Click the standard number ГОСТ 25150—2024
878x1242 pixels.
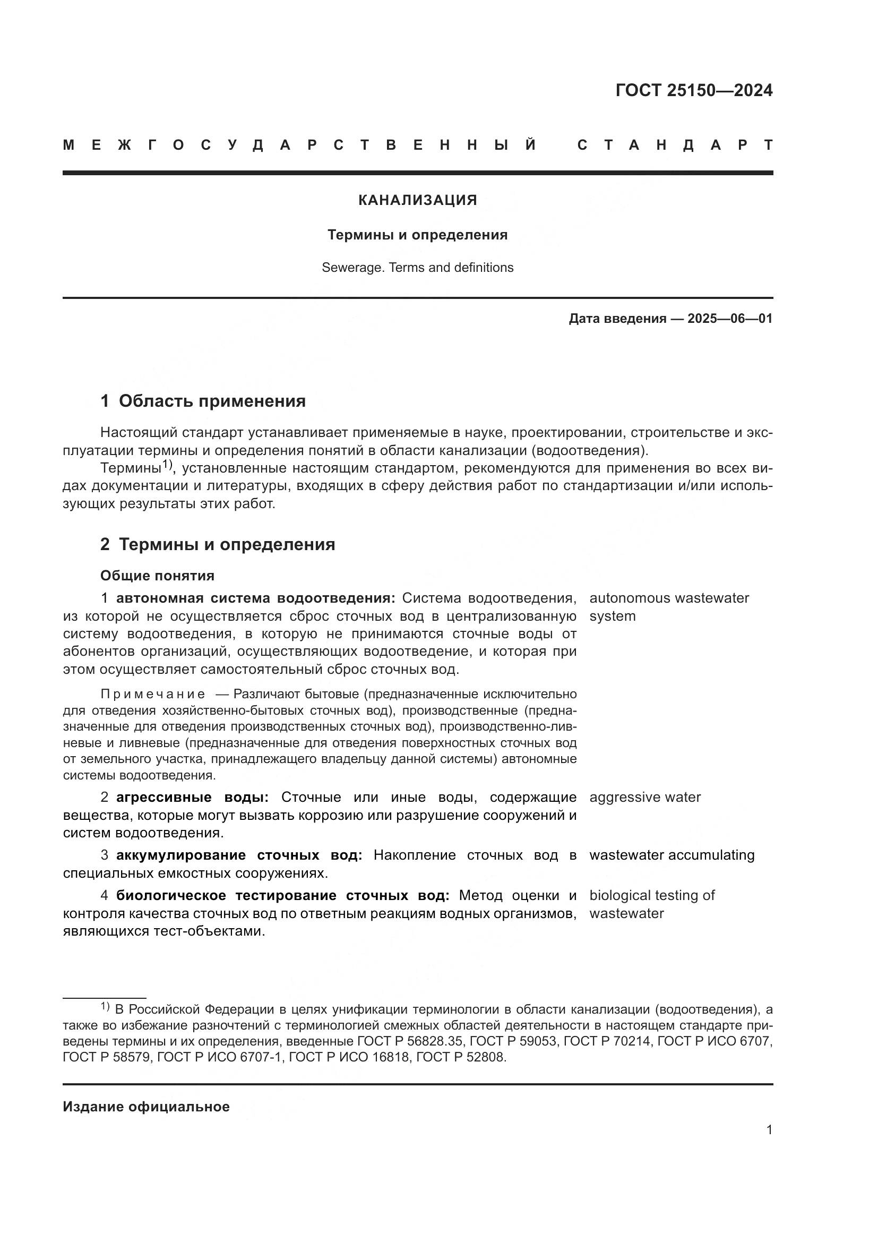pyautogui.click(x=694, y=90)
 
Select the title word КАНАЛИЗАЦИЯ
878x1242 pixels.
pyautogui.click(x=417, y=200)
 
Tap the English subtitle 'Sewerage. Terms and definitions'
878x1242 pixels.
pyautogui.click(x=417, y=268)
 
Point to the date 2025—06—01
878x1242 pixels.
pyautogui.click(x=730, y=319)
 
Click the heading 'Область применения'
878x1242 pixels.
pyautogui.click(x=212, y=401)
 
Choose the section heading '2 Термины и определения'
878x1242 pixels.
pyautogui.click(x=217, y=544)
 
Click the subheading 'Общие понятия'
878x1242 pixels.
pyautogui.click(x=157, y=576)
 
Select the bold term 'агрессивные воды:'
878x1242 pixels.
pyautogui.click(x=193, y=798)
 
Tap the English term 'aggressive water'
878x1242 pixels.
pyautogui.click(x=645, y=798)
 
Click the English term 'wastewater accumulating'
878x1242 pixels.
pyautogui.click(x=672, y=855)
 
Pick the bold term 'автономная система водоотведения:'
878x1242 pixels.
pyautogui.click(x=256, y=598)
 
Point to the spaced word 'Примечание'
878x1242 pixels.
pyautogui.click(x=153, y=694)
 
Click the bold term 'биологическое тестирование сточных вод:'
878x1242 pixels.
pyautogui.click(x=283, y=896)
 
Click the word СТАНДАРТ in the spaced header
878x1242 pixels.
pyautogui.click(x=675, y=145)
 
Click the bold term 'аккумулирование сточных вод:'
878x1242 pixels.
pyautogui.click(x=239, y=855)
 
